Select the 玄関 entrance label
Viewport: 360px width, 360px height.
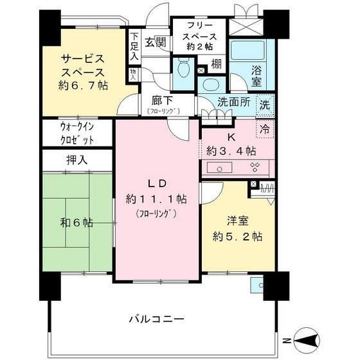pos(155,42)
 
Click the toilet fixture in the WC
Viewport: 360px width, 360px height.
pos(183,66)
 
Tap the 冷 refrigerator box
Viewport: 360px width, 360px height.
pos(265,127)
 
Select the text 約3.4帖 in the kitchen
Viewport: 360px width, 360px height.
pos(231,151)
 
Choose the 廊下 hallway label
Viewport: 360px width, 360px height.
pos(161,101)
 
